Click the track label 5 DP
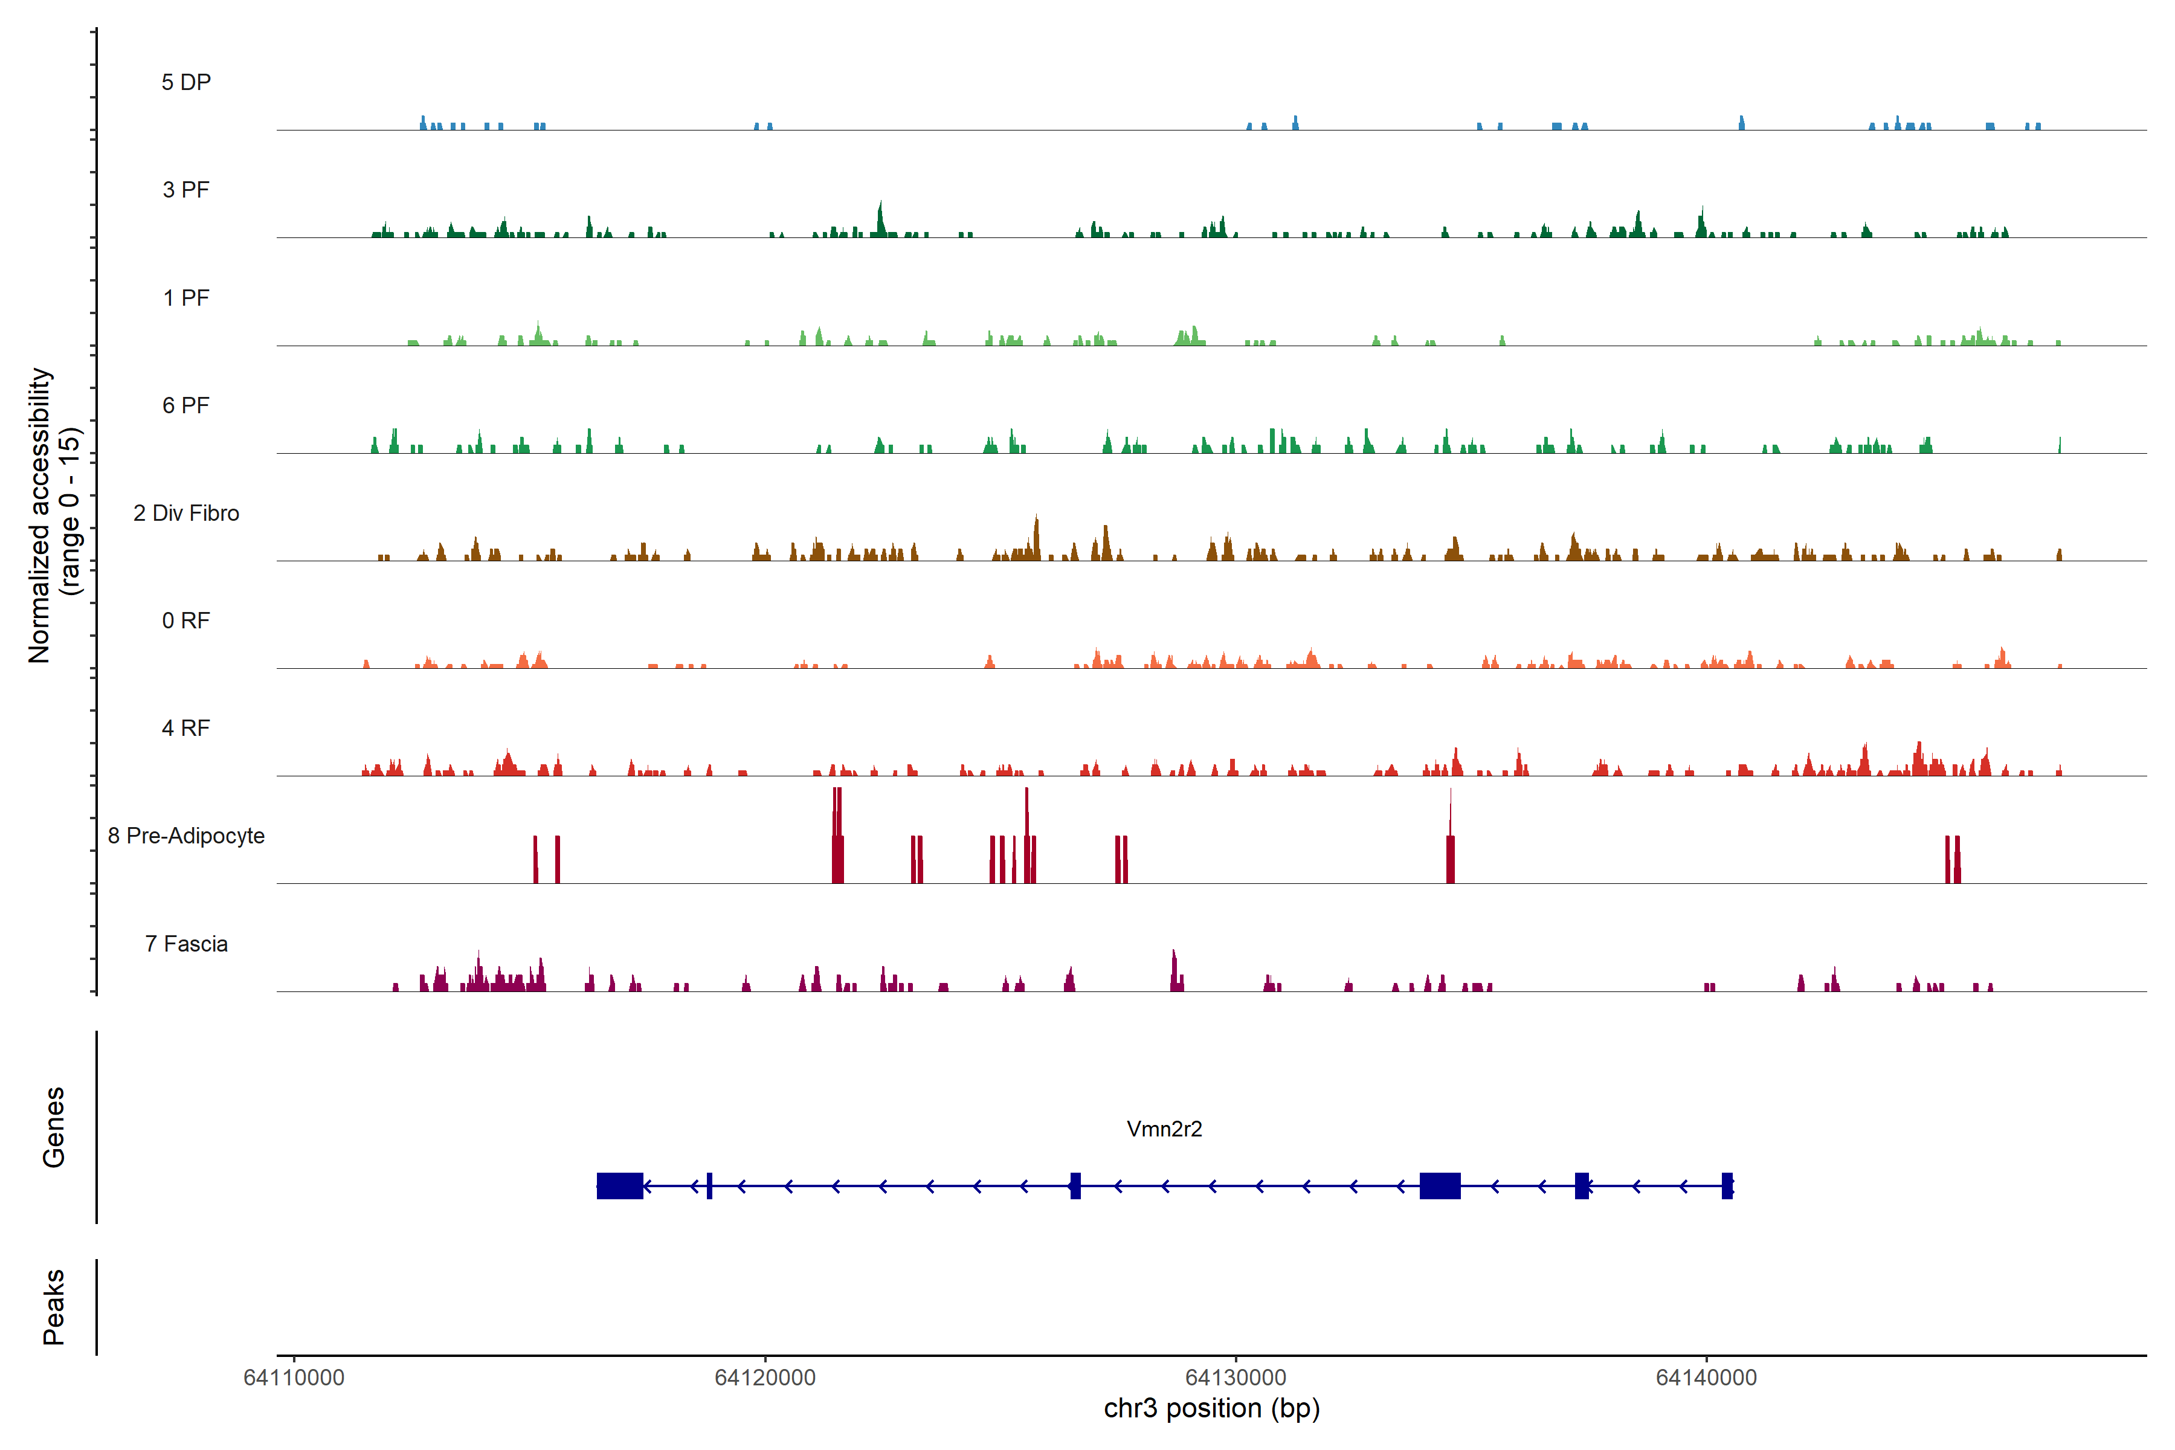click(x=186, y=82)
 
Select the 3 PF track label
click(x=186, y=190)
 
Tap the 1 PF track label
click(x=186, y=298)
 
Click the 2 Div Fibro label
click(x=186, y=513)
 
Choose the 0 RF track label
click(x=186, y=620)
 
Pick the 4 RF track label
click(x=186, y=728)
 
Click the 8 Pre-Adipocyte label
click(x=186, y=836)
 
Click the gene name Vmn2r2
click(x=1164, y=1129)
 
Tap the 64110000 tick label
click(x=294, y=1378)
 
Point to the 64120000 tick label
click(x=765, y=1378)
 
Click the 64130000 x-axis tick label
click(x=1236, y=1378)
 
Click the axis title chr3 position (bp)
click(x=1211, y=1408)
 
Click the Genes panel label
click(x=54, y=1127)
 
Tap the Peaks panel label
click(x=54, y=1307)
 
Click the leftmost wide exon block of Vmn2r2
click(x=620, y=1185)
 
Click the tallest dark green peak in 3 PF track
click(x=880, y=220)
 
